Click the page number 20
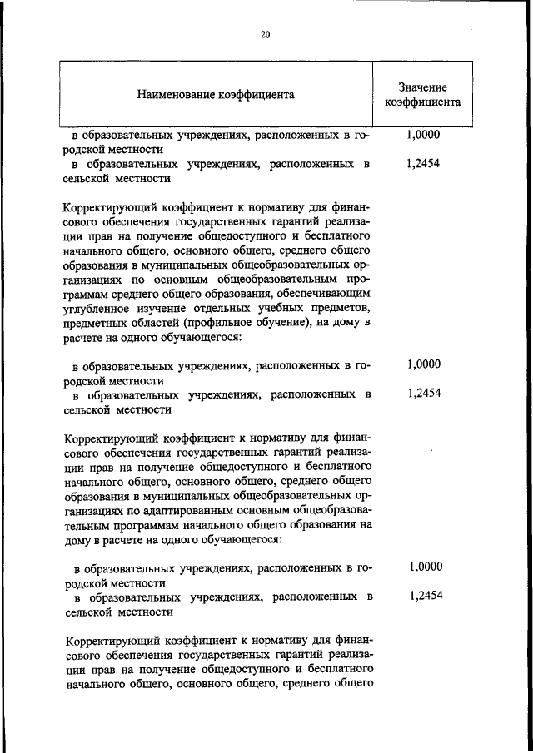266,34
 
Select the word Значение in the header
422,87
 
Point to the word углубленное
97,307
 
